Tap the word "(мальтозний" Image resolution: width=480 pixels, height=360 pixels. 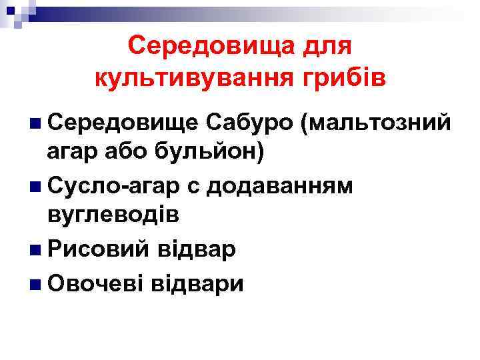(x=377, y=123)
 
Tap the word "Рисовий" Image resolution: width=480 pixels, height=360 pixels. (x=98, y=251)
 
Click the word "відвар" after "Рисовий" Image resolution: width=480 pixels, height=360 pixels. (x=197, y=251)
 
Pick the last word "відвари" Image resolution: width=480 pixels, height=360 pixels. (x=198, y=283)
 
